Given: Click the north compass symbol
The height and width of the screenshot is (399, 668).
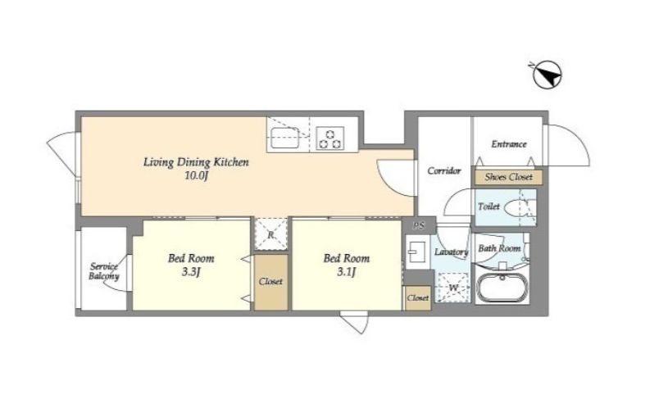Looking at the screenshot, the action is click(x=548, y=75).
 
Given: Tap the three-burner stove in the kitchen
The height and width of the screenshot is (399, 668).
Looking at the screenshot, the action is click(x=330, y=138).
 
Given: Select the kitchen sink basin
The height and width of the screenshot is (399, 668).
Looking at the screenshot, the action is click(x=285, y=138).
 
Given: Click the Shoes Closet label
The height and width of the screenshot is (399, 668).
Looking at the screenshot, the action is click(x=508, y=177).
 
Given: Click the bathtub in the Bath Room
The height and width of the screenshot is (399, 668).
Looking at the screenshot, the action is click(x=502, y=288).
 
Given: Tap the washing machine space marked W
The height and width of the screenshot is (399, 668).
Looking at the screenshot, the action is click(x=452, y=288).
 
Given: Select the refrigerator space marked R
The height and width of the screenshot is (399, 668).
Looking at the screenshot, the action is click(x=271, y=234).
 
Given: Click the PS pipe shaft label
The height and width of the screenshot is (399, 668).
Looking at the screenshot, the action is click(x=419, y=226).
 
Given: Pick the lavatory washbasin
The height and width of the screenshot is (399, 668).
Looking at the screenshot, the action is click(x=416, y=252).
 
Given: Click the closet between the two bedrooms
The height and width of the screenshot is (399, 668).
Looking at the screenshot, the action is click(x=271, y=282).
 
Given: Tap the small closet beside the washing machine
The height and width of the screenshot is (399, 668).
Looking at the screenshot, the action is click(x=417, y=298).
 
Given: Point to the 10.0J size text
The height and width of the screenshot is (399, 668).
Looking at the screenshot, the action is click(x=196, y=176).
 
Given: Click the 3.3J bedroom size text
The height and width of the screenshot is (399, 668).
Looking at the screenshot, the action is click(x=190, y=272).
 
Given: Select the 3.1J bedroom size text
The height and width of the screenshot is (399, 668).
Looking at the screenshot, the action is click(x=346, y=272).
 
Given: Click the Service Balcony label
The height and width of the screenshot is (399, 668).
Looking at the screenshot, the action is click(x=104, y=272).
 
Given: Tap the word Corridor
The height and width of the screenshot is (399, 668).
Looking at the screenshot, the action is click(x=444, y=170).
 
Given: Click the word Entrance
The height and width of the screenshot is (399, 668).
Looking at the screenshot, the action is click(x=509, y=144).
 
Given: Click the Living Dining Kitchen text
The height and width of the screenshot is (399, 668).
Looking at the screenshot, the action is click(x=196, y=162).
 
